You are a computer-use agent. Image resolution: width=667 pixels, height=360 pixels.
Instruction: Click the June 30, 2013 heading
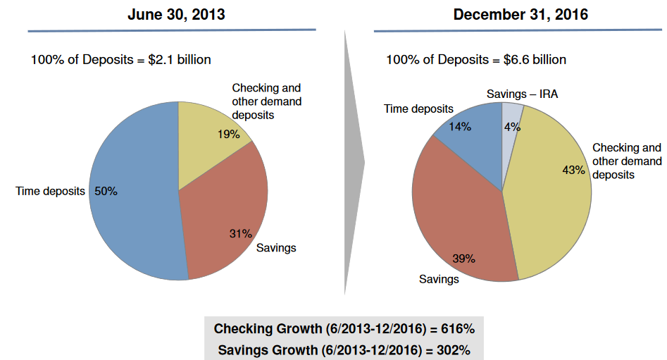(x=176, y=14)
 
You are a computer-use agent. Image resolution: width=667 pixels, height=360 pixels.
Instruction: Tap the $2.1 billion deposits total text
(x=120, y=60)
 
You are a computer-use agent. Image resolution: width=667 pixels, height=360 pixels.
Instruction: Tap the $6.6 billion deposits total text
(x=475, y=60)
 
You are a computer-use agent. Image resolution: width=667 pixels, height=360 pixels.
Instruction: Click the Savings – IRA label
(x=522, y=94)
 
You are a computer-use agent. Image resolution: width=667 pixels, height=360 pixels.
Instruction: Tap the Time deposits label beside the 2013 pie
(x=50, y=191)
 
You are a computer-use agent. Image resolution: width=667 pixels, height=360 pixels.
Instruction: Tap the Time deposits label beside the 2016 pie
(x=418, y=108)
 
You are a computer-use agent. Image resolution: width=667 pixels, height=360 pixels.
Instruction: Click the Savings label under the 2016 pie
(x=439, y=279)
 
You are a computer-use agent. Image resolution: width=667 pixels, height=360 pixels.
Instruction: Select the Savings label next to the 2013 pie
(x=275, y=247)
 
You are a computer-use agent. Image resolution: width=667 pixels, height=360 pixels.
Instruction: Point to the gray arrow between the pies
(x=354, y=162)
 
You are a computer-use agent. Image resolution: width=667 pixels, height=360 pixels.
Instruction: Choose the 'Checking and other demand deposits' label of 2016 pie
(x=627, y=161)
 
